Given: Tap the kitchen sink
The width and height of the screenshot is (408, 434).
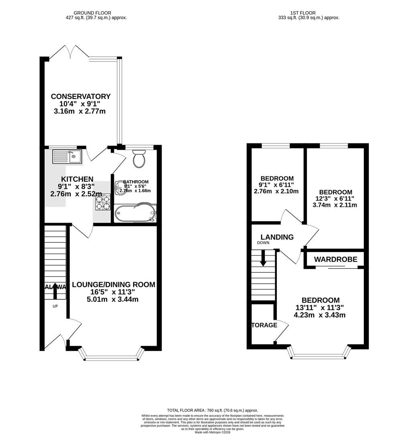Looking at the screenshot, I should (x=67, y=156).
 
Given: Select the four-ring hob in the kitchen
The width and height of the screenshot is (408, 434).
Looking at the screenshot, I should (x=103, y=202).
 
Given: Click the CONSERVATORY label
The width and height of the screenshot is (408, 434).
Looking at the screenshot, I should (x=81, y=96).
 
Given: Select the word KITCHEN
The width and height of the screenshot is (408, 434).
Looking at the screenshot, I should (x=77, y=179).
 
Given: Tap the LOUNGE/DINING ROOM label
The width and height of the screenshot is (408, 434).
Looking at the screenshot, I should (x=114, y=285).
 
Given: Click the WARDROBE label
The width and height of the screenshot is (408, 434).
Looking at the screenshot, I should (x=335, y=260).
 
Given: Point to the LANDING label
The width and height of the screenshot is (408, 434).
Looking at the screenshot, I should (x=277, y=237).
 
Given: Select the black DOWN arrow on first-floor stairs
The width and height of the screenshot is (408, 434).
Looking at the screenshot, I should (x=263, y=258).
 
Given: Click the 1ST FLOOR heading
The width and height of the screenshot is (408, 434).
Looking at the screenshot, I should (x=309, y=13).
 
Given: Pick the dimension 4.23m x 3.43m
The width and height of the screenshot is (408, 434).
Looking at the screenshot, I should (x=319, y=315).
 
